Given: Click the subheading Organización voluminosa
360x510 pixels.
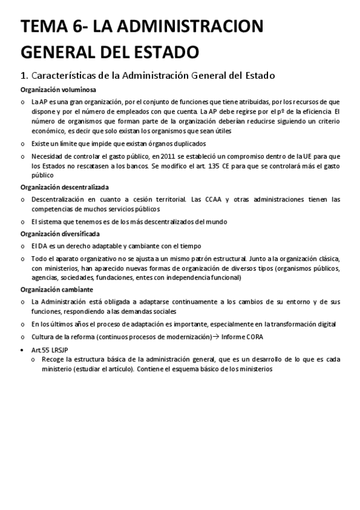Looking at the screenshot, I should (x=54, y=89).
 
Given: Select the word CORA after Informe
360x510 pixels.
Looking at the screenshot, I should (x=254, y=336).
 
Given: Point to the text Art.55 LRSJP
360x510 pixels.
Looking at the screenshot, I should (x=49, y=349).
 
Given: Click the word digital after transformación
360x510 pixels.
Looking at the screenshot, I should (x=325, y=324).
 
